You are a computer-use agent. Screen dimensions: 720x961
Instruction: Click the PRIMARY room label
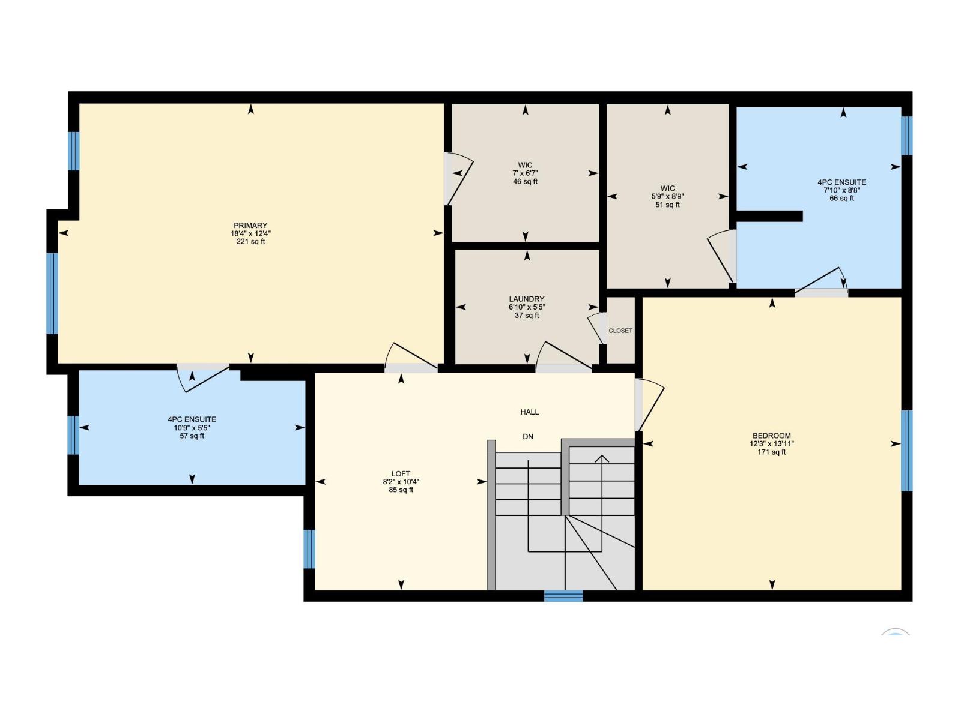[250, 226]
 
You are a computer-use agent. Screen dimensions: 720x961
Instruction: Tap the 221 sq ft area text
[250, 242]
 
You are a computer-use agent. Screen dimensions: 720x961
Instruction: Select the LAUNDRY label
[527, 299]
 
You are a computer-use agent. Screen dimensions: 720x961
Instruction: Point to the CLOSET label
[620, 331]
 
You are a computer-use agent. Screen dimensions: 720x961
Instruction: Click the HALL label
[530, 412]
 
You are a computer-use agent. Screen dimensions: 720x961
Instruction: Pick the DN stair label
[528, 437]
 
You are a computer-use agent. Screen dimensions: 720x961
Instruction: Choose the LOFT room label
[401, 474]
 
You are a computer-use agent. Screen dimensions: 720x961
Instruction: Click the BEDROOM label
[772, 436]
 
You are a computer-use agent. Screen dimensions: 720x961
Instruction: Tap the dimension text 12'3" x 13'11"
[772, 444]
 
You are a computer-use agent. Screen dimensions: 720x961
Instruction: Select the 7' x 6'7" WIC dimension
[525, 173]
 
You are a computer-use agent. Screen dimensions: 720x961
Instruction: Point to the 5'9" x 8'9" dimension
[667, 196]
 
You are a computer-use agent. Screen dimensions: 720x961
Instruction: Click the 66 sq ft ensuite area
[842, 199]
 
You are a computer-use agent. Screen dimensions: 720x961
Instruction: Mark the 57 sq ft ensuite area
[192, 436]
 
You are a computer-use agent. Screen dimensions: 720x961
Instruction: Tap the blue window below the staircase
[563, 596]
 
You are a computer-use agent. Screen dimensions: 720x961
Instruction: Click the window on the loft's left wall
[309, 548]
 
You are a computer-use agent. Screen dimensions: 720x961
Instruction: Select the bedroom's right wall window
[907, 451]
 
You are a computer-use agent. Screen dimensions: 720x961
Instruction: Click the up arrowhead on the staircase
[602, 459]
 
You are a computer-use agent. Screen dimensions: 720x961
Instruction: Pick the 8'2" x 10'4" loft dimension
[401, 482]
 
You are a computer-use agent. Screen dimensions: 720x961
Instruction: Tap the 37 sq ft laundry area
[527, 316]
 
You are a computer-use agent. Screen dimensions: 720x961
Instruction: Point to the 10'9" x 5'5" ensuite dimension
[192, 428]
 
